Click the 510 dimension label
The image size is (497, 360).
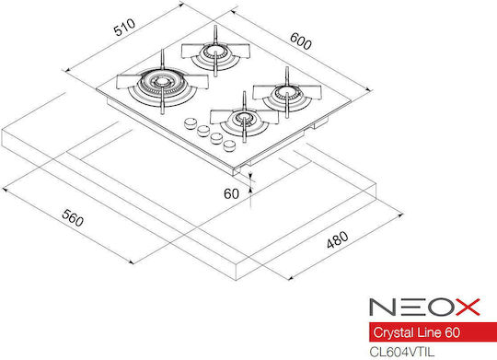pos(124,28)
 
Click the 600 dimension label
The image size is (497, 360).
pos(300,41)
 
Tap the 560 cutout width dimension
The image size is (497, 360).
pos(73,217)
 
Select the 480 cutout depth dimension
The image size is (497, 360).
pos(338,239)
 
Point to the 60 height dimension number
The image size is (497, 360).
pos(231,193)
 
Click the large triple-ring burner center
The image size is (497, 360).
pos(162,82)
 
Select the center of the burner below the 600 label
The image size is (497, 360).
pos(287,92)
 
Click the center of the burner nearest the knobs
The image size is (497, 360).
pos(244,119)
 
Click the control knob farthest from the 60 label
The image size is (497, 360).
pos(191,123)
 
